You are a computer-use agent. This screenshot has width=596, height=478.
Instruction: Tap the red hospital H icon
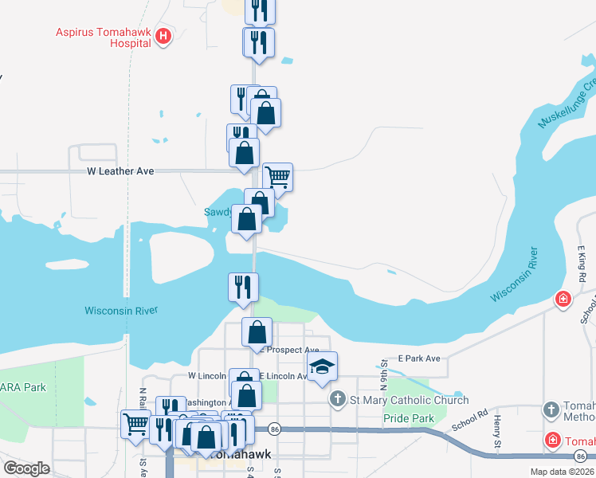click(x=163, y=35)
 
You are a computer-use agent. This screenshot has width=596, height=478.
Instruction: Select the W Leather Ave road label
click(x=120, y=171)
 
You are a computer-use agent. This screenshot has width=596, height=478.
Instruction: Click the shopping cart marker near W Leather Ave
click(x=277, y=176)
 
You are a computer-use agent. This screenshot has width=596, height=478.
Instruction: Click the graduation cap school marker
click(x=322, y=366)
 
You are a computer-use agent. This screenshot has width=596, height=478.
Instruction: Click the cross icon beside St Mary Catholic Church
click(x=337, y=399)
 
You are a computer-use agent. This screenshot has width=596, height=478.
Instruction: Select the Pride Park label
click(x=409, y=418)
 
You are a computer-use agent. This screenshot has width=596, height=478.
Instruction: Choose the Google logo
click(x=26, y=468)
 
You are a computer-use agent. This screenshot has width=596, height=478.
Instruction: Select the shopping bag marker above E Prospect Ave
click(x=257, y=331)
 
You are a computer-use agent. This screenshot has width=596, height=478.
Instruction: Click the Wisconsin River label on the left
click(x=121, y=311)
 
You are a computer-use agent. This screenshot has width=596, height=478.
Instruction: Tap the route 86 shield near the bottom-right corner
click(x=579, y=456)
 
